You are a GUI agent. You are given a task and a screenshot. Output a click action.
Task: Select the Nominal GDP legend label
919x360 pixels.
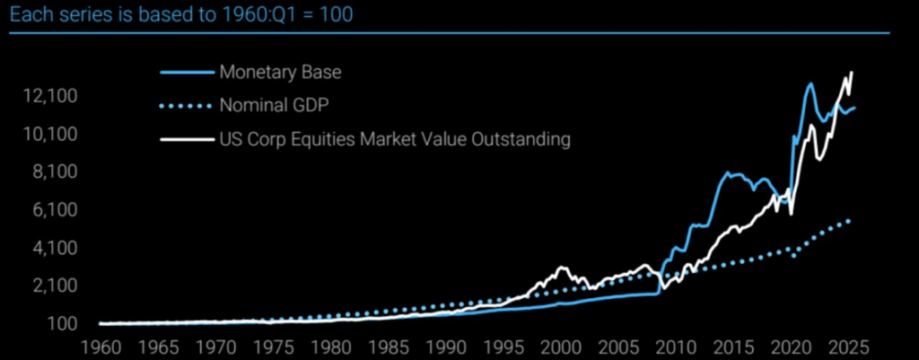point(274,105)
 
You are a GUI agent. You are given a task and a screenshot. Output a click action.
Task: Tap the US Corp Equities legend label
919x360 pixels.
point(395,140)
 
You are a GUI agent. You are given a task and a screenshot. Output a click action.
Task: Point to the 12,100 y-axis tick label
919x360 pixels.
point(53,96)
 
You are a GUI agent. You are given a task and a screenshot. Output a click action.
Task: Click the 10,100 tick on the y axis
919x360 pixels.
point(53,135)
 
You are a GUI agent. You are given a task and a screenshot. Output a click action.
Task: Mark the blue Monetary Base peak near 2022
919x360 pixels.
point(810,83)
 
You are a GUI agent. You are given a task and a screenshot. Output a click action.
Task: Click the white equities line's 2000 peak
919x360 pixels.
point(562,268)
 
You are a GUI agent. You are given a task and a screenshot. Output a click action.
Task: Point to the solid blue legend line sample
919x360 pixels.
point(186,71)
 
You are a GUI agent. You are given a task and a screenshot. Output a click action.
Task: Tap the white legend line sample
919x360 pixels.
point(186,140)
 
